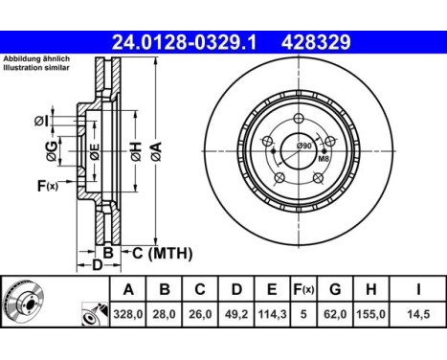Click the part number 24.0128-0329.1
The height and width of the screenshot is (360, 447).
184,42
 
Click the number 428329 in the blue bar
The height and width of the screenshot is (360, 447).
316,42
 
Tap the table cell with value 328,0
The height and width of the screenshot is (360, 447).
128,314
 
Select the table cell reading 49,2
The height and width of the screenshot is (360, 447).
236,314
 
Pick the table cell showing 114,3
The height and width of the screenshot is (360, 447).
272,314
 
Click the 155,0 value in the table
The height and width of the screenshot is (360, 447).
370,314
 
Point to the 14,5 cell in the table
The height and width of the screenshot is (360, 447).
418,314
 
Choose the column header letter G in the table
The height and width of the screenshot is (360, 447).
335,289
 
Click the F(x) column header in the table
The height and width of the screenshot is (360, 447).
303,289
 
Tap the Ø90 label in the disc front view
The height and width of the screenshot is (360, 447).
303,146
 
